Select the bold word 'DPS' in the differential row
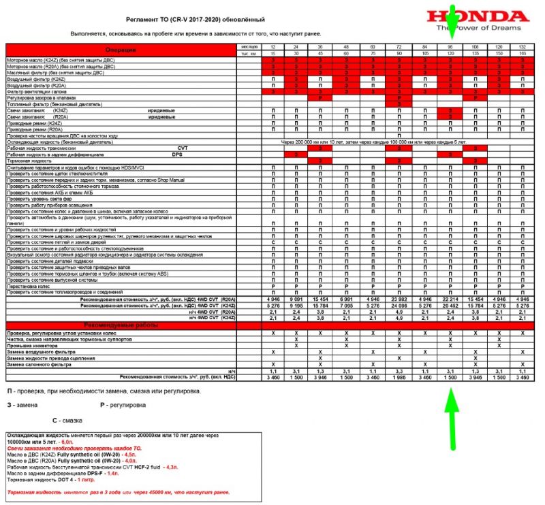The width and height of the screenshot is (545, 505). click(x=176, y=154)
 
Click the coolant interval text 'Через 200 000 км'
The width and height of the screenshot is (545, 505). click(x=320, y=142)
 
